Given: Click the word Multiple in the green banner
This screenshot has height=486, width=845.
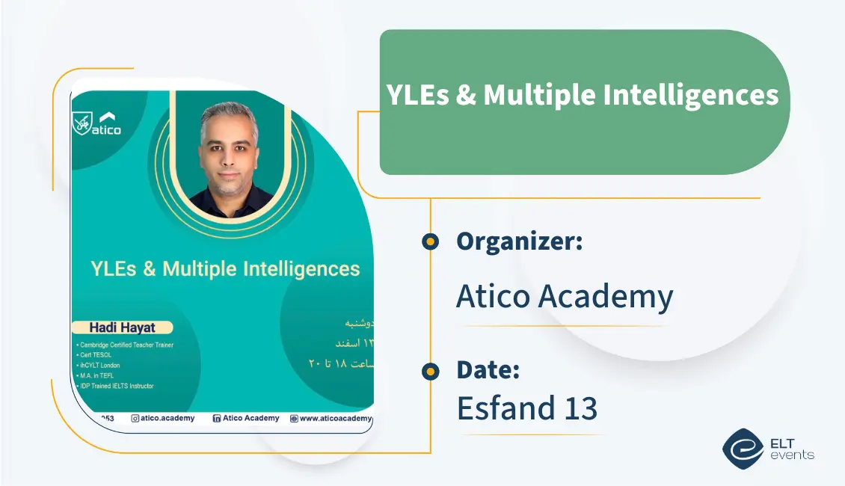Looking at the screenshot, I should [538, 96].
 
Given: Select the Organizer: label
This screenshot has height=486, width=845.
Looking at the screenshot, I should [519, 242].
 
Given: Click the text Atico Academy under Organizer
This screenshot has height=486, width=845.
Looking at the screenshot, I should [565, 297].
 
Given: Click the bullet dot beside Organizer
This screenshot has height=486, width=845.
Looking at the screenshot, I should [430, 242].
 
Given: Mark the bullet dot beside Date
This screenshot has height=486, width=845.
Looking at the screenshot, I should [430, 370].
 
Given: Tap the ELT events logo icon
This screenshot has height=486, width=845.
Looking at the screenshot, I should [742, 448].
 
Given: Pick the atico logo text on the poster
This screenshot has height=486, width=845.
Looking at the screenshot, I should [106, 130].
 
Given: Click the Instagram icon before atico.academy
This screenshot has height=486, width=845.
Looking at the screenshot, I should [135, 419].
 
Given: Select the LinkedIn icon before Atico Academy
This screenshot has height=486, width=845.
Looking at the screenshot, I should [217, 419].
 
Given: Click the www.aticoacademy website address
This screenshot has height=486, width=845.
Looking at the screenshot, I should [335, 419].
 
